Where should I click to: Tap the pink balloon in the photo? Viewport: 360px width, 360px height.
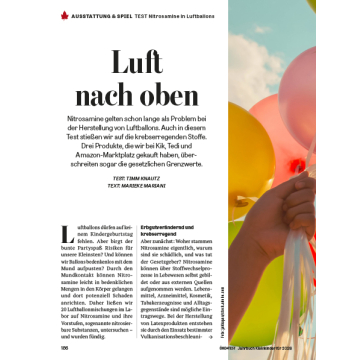tap(334, 75)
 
